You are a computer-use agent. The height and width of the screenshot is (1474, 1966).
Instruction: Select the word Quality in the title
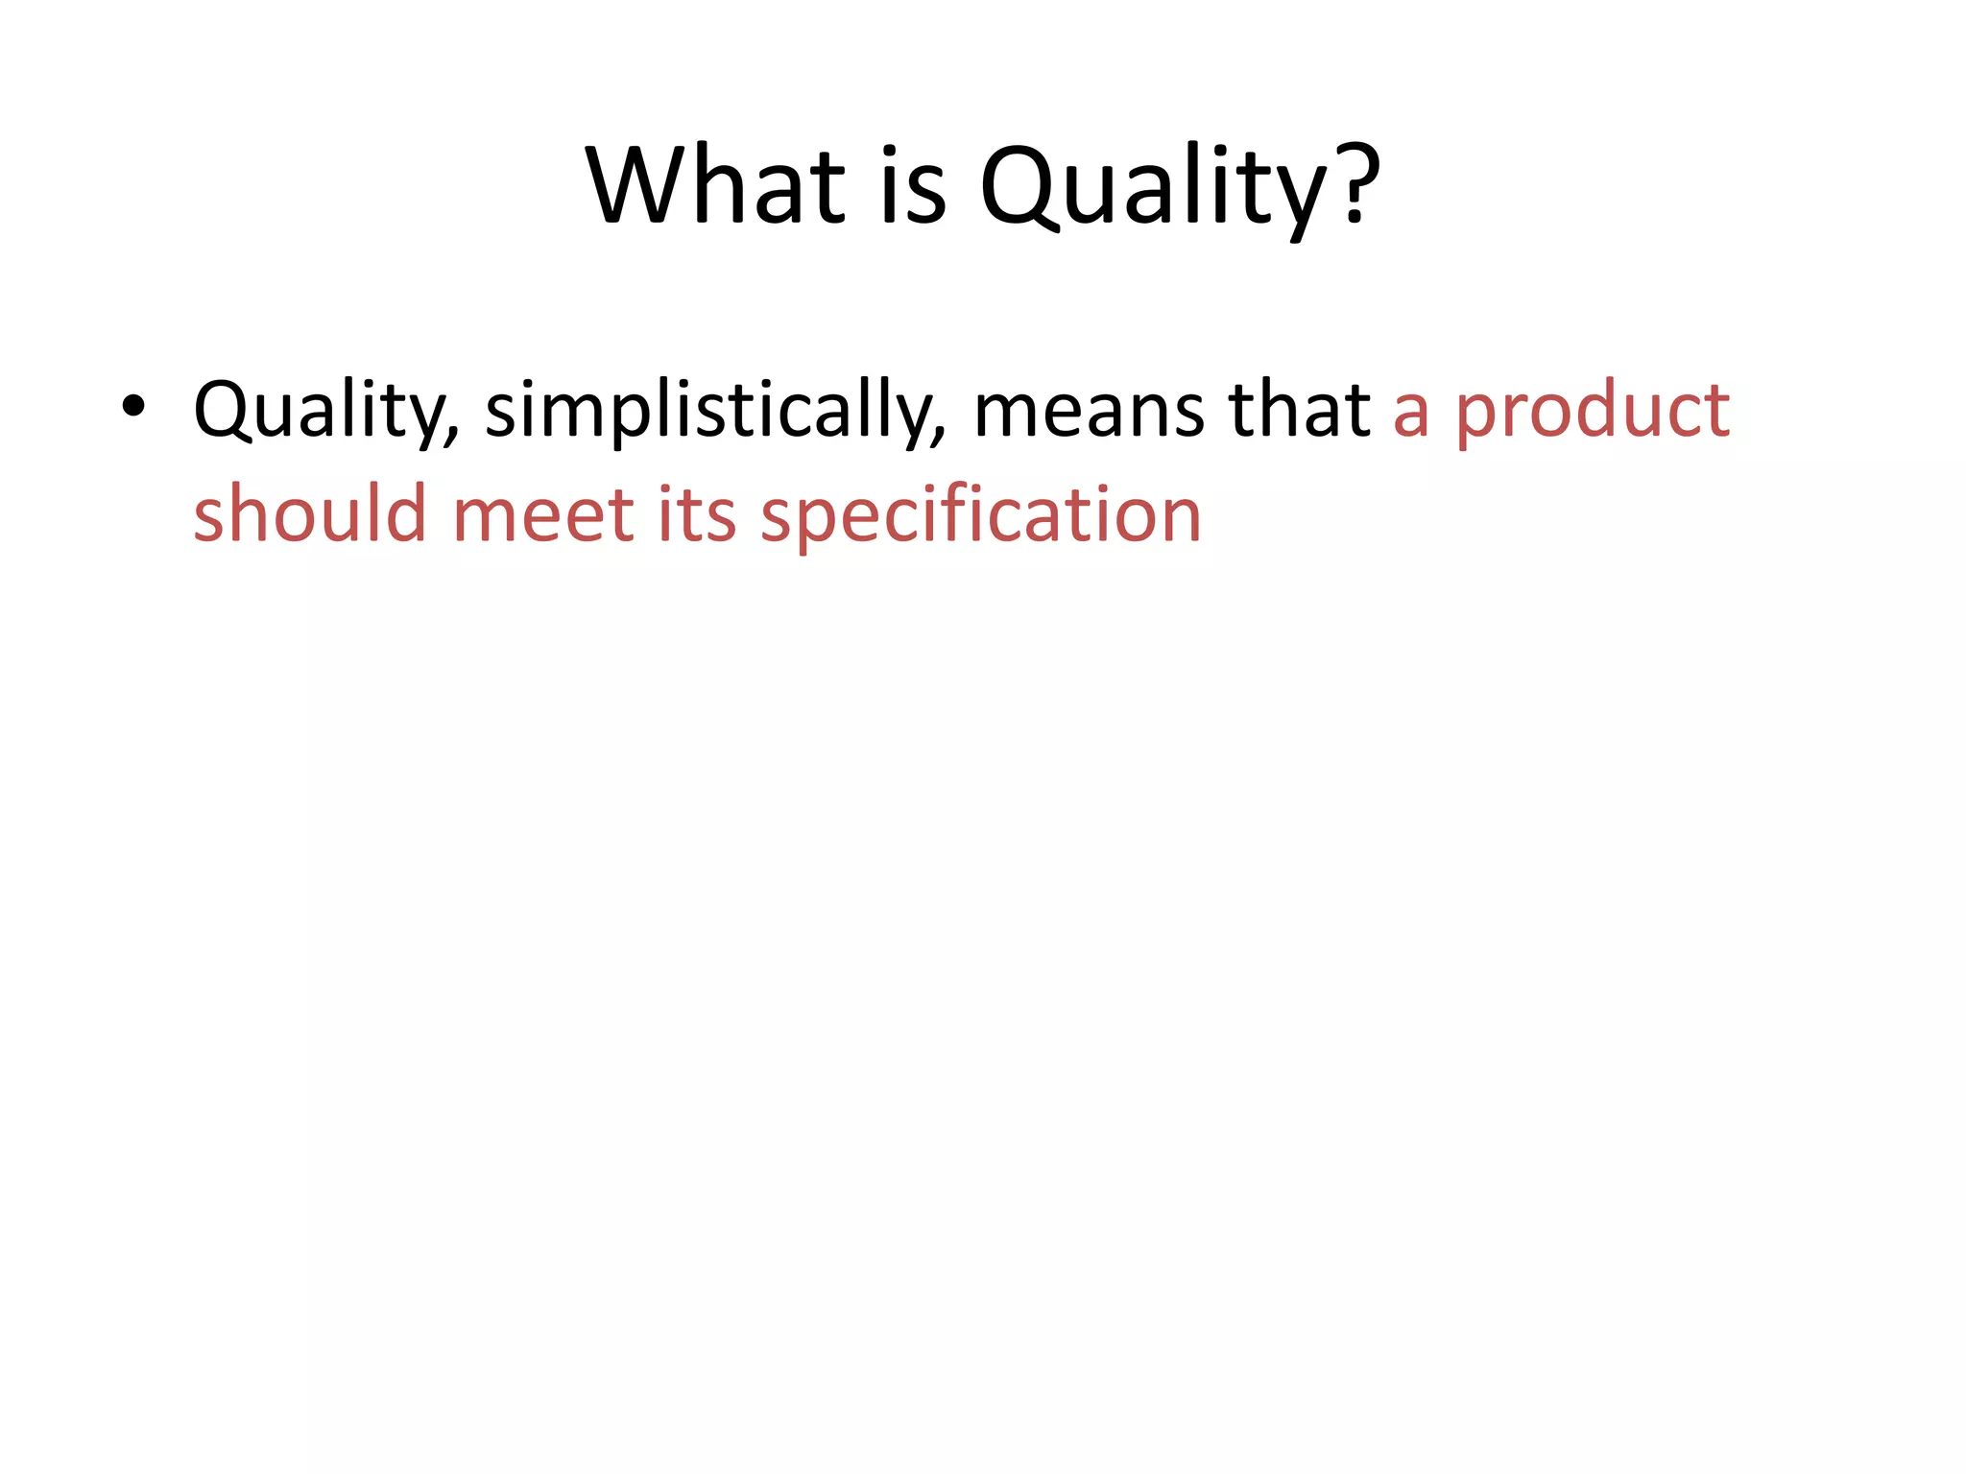[1153, 187]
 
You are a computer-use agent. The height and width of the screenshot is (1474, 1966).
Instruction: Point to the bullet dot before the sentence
[133, 407]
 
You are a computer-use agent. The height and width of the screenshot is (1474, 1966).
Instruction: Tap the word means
[1091, 413]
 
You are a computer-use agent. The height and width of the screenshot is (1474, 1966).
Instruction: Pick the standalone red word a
[1411, 413]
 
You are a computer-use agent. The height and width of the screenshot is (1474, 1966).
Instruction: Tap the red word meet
[543, 515]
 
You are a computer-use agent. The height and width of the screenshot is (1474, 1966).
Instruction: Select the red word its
[698, 515]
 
